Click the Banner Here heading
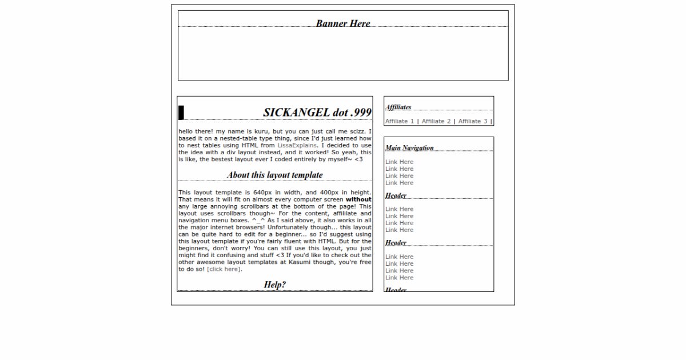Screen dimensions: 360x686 (x=343, y=23)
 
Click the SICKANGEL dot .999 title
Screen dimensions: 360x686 (x=317, y=113)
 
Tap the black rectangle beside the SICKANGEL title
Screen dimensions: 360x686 (x=181, y=113)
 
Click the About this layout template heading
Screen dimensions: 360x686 (x=274, y=175)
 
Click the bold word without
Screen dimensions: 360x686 (x=358, y=199)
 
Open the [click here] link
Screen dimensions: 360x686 (x=224, y=269)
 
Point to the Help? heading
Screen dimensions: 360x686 (x=275, y=285)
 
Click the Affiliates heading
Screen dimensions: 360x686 (x=398, y=107)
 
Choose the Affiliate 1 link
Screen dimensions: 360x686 (x=400, y=121)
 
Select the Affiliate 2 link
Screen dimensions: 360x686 (x=436, y=121)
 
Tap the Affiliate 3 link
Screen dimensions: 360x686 (x=473, y=121)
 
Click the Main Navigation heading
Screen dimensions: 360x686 (x=409, y=147)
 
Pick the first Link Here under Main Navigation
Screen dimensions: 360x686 (x=399, y=162)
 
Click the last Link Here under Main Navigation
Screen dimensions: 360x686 (x=399, y=183)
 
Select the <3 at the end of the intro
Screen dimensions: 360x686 (x=358, y=159)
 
